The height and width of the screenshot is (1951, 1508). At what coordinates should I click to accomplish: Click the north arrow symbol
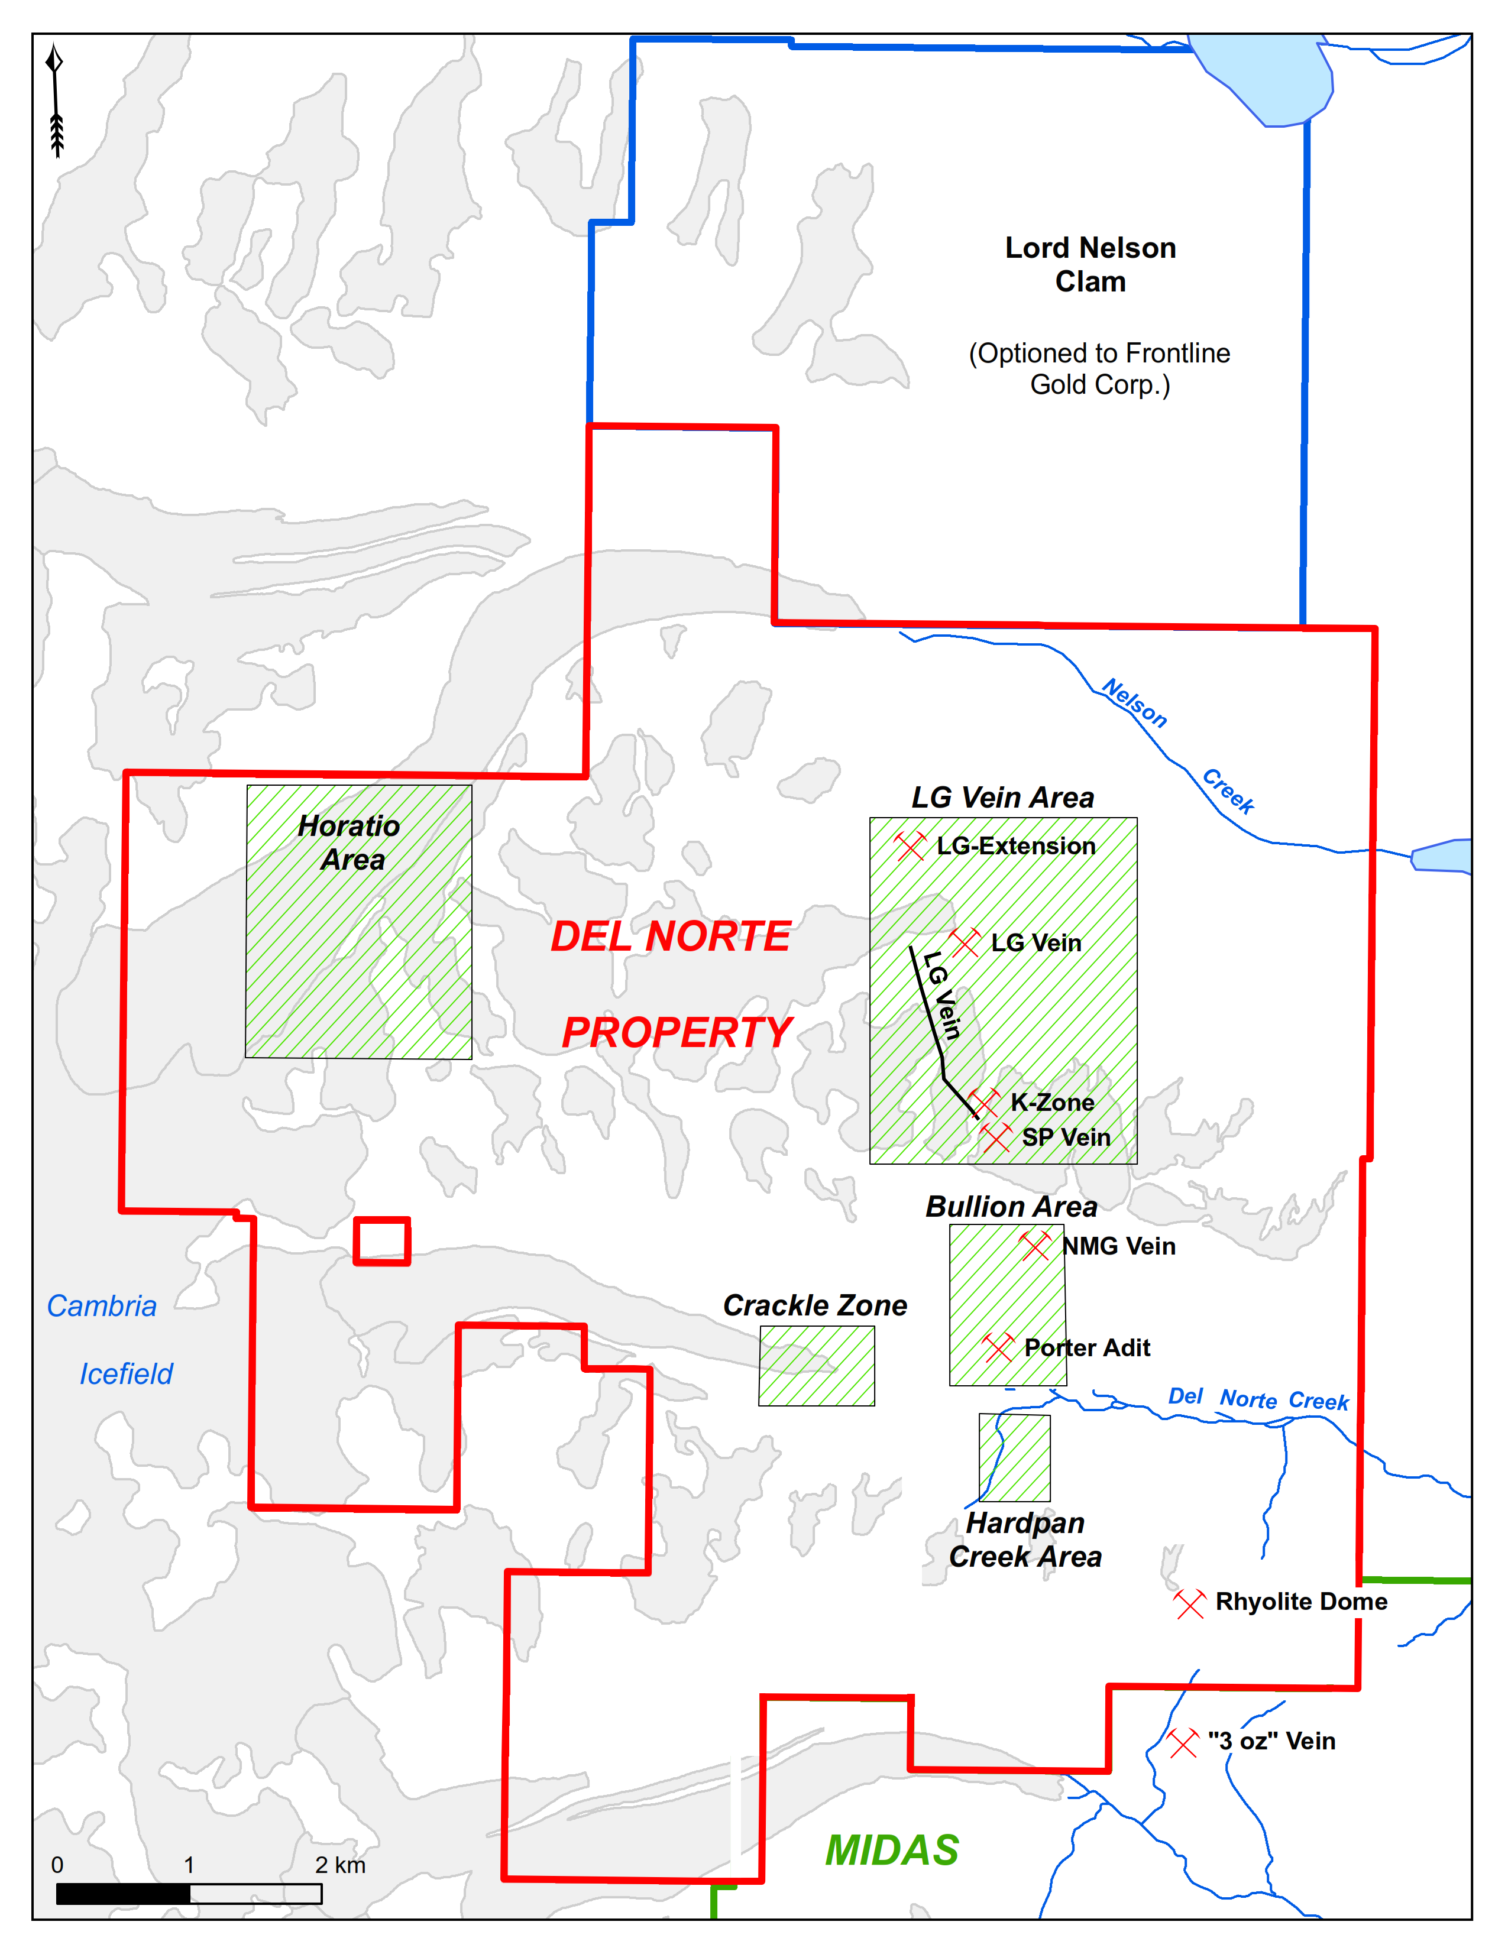[56, 100]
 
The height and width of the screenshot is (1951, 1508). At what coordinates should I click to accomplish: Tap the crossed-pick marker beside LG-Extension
[910, 845]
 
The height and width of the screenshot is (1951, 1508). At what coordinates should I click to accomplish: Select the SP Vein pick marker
[995, 1137]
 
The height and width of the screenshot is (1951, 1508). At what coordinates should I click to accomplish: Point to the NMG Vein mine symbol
[1035, 1245]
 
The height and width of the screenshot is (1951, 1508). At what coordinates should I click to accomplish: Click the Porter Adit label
[1086, 1347]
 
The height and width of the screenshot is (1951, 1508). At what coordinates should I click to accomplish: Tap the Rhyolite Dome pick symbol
[1189, 1603]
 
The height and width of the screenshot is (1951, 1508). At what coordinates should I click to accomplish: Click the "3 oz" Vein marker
[1182, 1742]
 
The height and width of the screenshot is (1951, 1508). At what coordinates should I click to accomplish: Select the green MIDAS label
[892, 1850]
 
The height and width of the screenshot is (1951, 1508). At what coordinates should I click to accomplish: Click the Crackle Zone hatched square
[817, 1365]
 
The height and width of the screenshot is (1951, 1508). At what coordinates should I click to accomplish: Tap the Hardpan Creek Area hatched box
[1014, 1457]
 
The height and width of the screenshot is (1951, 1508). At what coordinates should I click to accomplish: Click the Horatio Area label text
[350, 841]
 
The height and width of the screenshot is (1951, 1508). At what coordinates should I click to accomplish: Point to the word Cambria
[102, 1306]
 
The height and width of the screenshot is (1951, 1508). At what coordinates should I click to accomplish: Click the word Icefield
[126, 1374]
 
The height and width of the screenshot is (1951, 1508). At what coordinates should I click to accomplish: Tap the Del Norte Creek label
[1258, 1399]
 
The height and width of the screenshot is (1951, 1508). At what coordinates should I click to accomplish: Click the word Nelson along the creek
[1135, 703]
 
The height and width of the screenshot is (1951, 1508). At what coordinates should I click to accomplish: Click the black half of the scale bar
[123, 1893]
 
